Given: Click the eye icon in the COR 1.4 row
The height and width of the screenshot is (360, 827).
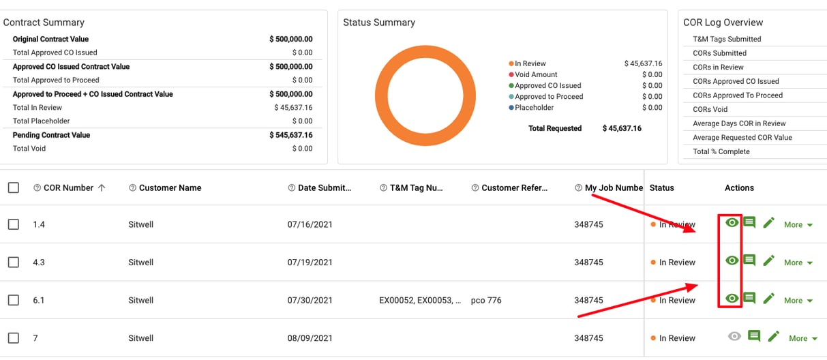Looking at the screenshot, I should point(732,223).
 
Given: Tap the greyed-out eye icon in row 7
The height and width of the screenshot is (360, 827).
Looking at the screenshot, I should point(734,336).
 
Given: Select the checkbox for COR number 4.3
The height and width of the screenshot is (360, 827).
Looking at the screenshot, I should point(14,262).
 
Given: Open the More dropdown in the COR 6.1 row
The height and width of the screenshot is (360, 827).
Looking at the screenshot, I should point(798,301).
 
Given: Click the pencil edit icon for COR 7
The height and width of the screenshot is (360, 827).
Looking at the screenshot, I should point(773,336).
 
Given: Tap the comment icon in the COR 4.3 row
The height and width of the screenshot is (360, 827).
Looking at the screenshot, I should point(749,260).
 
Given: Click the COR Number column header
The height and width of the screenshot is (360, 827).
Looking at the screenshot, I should point(68,188).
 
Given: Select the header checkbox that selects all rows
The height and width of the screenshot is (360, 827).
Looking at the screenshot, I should point(14,188).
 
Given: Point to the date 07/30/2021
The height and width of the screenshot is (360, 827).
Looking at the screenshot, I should point(310,301).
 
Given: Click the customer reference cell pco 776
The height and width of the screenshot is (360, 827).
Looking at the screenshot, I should point(485,301).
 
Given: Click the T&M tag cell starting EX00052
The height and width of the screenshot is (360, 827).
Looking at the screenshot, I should point(420,301).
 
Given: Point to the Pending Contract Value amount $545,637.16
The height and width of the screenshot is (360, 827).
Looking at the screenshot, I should point(290,135).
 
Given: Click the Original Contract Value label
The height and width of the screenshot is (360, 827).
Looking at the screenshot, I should point(50,40).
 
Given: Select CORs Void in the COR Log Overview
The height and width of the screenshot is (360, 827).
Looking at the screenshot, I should point(710,110).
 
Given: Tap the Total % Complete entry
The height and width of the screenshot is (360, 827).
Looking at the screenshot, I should point(721,152).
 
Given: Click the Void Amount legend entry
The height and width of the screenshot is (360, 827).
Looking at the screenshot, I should point(536,75).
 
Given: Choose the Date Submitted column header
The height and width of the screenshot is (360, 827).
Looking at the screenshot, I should point(325,188).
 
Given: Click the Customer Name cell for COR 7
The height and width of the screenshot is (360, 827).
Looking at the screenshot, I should point(140,338).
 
